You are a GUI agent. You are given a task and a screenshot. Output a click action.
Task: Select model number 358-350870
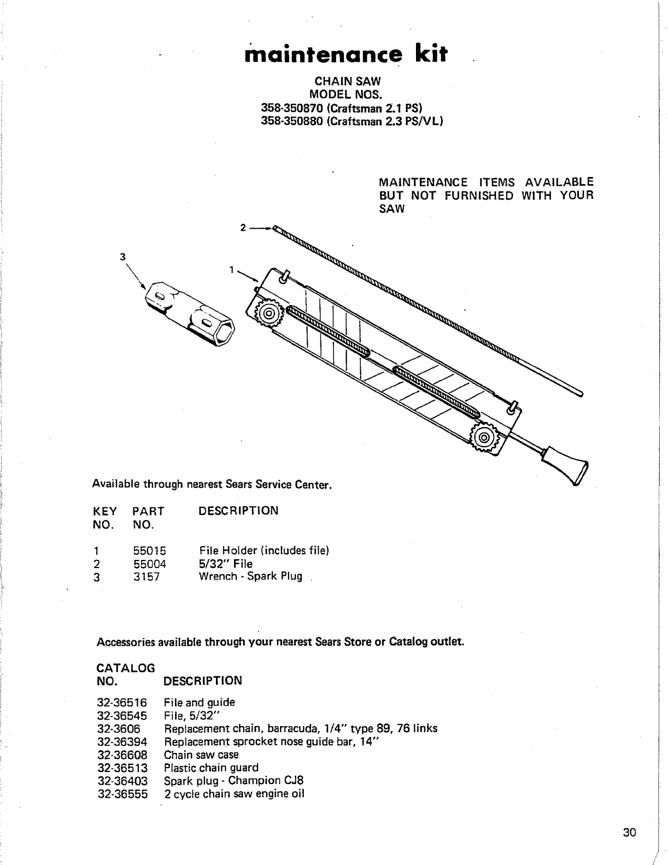coord(293,109)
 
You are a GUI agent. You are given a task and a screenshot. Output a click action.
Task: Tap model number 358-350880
coord(293,121)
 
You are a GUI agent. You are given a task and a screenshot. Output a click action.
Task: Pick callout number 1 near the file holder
coord(232,270)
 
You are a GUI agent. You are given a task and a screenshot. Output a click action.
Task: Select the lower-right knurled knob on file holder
coord(483,437)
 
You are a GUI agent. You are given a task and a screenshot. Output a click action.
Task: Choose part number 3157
coord(147,576)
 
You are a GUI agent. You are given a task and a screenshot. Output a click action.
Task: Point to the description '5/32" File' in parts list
coord(226,564)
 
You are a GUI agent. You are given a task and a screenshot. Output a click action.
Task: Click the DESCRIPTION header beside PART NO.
coord(238,511)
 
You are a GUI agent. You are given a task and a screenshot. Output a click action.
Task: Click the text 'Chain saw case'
coord(201,755)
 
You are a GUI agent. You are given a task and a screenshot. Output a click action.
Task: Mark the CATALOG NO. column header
coord(125,674)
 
